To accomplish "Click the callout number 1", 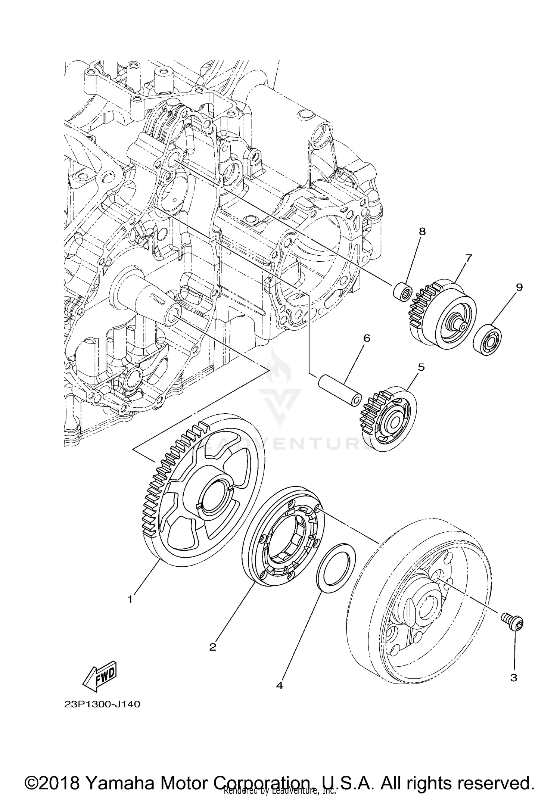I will point(130,600).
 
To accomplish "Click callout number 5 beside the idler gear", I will point(421,367).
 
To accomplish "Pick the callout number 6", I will point(367,338).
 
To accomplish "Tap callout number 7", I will point(469,258).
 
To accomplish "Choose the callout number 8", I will point(422,231).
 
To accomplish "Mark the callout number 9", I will point(519,287).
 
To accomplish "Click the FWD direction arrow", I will point(100,675).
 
